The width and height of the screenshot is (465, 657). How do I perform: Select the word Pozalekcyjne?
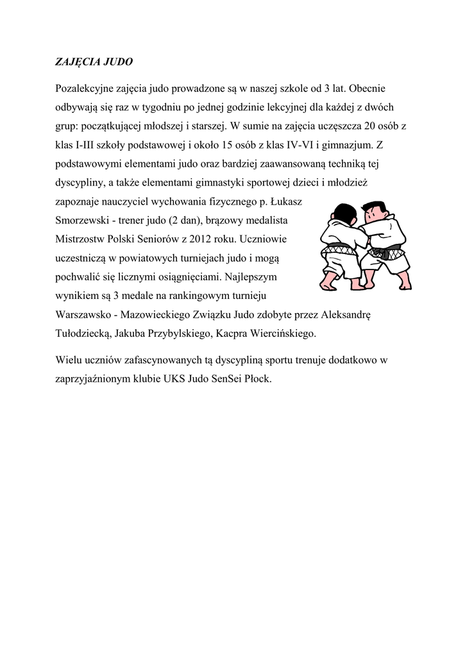click(x=86, y=88)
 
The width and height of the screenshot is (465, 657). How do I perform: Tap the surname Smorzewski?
click(x=83, y=221)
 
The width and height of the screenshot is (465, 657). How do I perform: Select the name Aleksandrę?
click(x=350, y=316)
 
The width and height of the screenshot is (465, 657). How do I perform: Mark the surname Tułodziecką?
click(x=84, y=334)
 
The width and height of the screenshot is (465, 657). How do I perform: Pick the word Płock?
click(x=257, y=379)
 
